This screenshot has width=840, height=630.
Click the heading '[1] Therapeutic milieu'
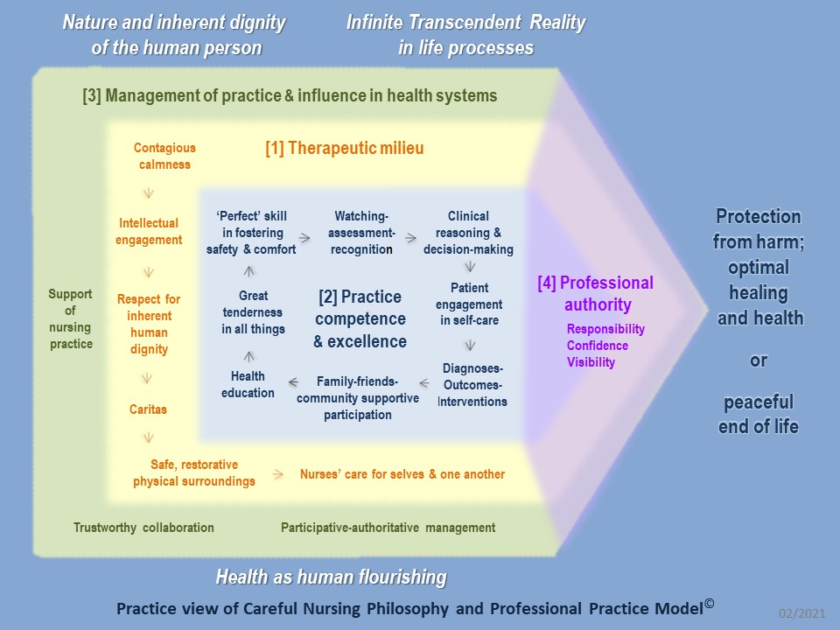[344, 149]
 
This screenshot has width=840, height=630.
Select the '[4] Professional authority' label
[595, 294]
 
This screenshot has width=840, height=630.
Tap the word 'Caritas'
[147, 409]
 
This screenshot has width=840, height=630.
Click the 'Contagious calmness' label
[164, 157]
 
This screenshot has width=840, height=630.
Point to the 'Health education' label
[248, 385]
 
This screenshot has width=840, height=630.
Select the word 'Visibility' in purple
[591, 362]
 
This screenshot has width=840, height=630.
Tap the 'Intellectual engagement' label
[149, 232]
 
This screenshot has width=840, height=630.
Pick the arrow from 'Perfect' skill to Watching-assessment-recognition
[304, 237]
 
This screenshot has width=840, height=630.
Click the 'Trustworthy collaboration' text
[143, 528]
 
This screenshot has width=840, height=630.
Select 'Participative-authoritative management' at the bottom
[388, 528]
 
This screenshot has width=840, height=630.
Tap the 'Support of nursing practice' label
[70, 319]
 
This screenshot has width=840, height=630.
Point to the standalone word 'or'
[759, 360]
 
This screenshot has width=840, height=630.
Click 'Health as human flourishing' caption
[331, 577]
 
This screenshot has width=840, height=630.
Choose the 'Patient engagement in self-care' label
[469, 304]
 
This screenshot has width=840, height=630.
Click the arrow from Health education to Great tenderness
[248, 356]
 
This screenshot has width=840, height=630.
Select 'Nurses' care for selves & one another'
[402, 474]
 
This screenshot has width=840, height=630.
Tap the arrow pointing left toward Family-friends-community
[424, 382]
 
